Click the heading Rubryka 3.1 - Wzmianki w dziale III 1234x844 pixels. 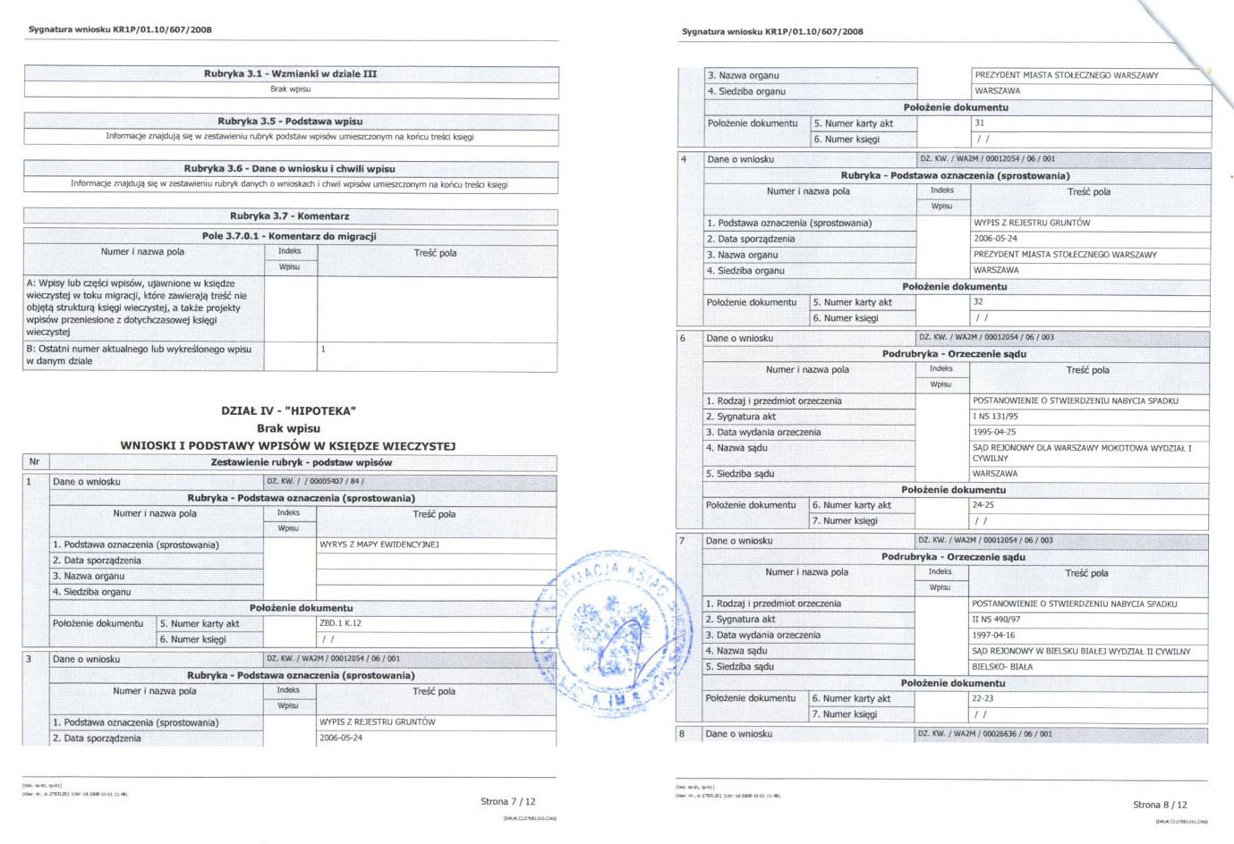click(x=290, y=74)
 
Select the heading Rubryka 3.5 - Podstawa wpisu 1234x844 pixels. click(x=290, y=122)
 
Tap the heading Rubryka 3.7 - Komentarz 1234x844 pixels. click(x=289, y=216)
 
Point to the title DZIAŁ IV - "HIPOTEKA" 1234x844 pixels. click(x=288, y=411)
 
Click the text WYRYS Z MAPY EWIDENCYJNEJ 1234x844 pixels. click(x=379, y=544)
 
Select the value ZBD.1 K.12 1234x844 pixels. click(x=340, y=623)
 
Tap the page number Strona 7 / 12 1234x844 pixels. click(x=507, y=802)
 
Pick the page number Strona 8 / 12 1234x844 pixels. click(x=1160, y=805)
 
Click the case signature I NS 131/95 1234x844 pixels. click(x=995, y=417)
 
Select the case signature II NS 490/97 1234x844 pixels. click(x=996, y=620)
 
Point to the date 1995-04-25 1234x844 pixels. click(x=994, y=432)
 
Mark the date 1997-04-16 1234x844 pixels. click(x=993, y=635)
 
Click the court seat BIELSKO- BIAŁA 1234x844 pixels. click(x=1001, y=667)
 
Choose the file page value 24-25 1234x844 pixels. click(x=983, y=505)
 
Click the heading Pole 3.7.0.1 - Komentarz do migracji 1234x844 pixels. click(x=289, y=236)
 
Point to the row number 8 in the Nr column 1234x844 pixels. click(x=682, y=734)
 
